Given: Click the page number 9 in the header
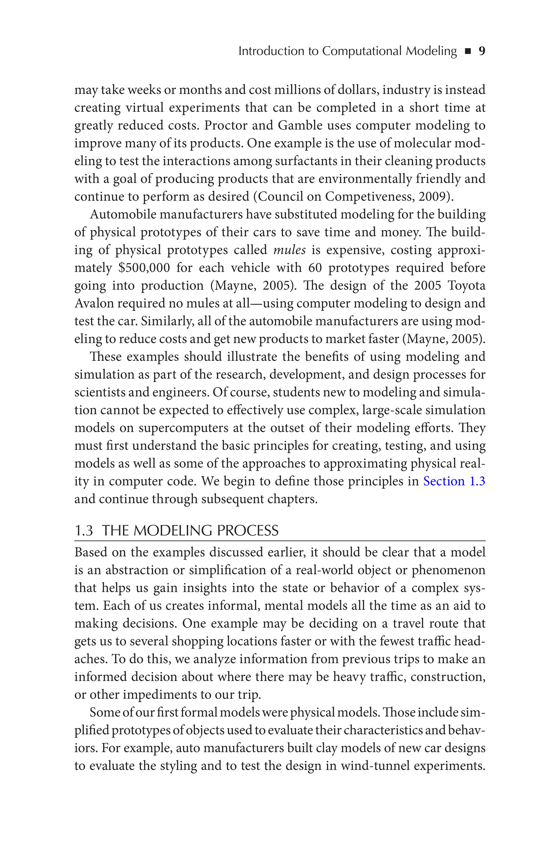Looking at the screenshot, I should tap(482, 51).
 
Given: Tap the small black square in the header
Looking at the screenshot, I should tap(468, 52).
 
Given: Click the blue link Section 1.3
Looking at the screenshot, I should tap(454, 481).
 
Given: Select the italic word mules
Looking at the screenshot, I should tap(289, 250).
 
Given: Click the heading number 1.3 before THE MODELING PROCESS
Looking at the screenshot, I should tap(84, 531).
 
